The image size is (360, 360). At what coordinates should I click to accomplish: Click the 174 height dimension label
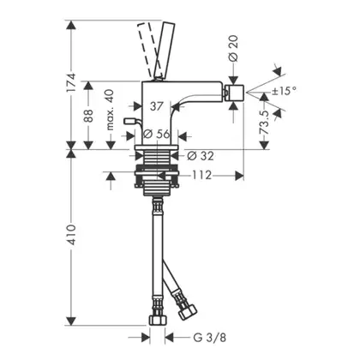click(x=71, y=82)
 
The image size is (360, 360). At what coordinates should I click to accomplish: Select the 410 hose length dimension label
click(x=71, y=235)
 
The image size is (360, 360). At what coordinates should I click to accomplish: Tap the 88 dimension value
click(x=88, y=116)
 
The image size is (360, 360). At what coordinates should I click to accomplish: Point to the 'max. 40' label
click(x=110, y=110)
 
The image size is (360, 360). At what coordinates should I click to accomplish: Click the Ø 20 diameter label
click(x=233, y=48)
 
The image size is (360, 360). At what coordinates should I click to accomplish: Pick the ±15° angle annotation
click(x=284, y=91)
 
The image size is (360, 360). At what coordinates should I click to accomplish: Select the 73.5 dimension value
click(x=265, y=123)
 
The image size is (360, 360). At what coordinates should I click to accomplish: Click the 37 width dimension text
click(x=157, y=106)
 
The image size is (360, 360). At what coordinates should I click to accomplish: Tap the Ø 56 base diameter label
click(x=157, y=134)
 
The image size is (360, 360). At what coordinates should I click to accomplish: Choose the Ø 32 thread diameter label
click(x=201, y=156)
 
